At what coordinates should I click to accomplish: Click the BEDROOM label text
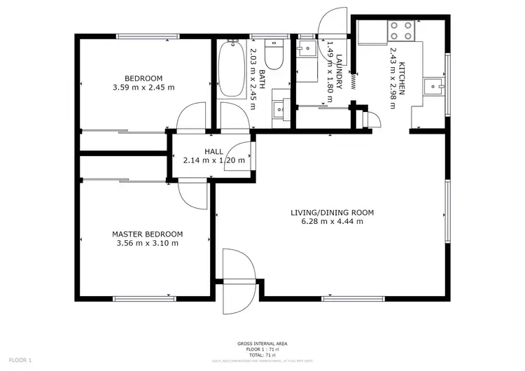pyautogui.click(x=143, y=78)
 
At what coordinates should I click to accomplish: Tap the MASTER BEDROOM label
pyautogui.click(x=147, y=234)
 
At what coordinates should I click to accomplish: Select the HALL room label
pyautogui.click(x=213, y=151)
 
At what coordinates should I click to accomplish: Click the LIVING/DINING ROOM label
pyautogui.click(x=332, y=212)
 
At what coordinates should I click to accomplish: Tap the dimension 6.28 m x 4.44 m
pyautogui.click(x=332, y=222)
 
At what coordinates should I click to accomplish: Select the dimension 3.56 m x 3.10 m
pyautogui.click(x=147, y=244)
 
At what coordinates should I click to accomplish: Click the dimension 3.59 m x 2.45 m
pyautogui.click(x=143, y=87)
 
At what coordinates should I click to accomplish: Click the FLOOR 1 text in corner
pyautogui.click(x=20, y=360)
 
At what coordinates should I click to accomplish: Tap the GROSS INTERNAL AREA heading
pyautogui.click(x=262, y=343)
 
